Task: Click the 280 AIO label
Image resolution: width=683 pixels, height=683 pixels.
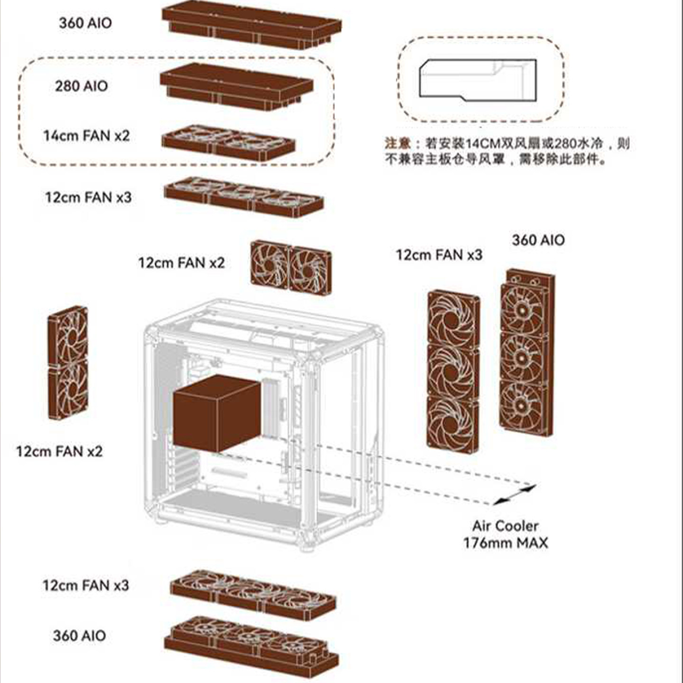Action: [81, 86]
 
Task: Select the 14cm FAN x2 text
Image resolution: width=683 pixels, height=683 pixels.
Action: [86, 136]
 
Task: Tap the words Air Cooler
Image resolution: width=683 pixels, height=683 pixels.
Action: [505, 526]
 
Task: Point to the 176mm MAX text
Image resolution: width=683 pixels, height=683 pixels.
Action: [506, 543]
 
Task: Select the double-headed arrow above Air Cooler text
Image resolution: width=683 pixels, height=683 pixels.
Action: [515, 494]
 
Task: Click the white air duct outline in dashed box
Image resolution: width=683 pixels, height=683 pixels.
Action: [477, 80]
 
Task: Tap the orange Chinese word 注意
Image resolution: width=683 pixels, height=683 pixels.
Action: [397, 143]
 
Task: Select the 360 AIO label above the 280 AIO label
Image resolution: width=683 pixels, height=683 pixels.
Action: [85, 23]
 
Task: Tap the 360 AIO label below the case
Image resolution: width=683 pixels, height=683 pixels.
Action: [79, 636]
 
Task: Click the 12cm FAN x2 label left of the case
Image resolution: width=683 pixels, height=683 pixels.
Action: [59, 451]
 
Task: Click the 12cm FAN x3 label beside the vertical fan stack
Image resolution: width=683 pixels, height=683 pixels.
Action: [439, 255]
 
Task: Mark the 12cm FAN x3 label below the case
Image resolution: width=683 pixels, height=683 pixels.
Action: [86, 585]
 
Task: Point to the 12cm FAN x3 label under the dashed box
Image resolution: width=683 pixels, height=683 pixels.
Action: [88, 197]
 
